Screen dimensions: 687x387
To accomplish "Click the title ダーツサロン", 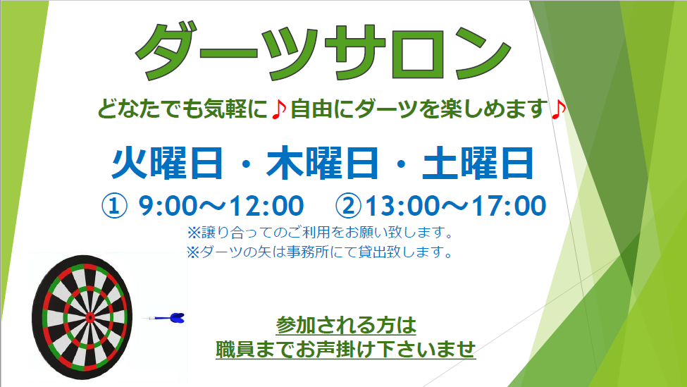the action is point(323,51).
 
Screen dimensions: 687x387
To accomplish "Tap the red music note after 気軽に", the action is point(278,109).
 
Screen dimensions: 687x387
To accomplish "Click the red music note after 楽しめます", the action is point(558,109).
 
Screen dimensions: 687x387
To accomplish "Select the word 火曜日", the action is point(167,163).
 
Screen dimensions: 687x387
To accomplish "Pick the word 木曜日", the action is point(323,163).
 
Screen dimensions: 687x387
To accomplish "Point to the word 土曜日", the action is point(478,163).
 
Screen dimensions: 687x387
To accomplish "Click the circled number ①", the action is point(114,206).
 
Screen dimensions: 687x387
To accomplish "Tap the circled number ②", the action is point(348,206).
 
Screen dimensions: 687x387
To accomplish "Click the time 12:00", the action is point(267,206).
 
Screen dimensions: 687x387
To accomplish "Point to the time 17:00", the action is point(509,206).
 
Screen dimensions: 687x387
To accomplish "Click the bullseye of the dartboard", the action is point(89,317).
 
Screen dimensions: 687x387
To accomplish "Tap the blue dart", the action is point(164,318).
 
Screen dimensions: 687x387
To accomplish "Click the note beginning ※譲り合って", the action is point(320,233).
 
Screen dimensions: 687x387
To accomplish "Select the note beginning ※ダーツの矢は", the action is point(320,252).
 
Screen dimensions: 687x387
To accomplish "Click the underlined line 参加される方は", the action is point(346,326).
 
